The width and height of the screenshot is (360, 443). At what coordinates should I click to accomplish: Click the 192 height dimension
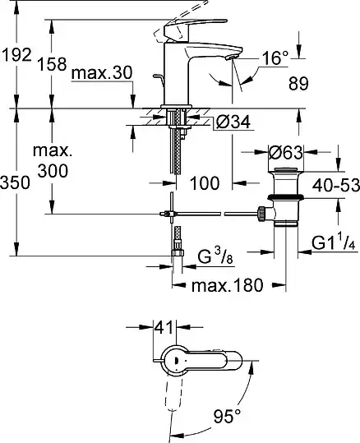click(16, 55)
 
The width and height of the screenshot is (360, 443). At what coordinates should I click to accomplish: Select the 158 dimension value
click(52, 63)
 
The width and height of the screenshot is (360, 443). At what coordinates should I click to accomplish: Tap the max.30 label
click(102, 73)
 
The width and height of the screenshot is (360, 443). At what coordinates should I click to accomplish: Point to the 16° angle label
click(275, 58)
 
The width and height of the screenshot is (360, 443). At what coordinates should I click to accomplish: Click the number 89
click(298, 83)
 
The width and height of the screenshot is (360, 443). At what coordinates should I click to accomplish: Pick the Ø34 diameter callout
click(233, 122)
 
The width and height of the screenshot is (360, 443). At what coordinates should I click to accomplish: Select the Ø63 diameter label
click(285, 153)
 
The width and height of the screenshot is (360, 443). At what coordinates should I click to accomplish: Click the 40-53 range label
click(336, 186)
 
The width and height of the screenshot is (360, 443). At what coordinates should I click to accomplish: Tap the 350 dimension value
click(15, 182)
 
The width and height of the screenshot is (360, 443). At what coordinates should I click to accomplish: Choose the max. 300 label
click(53, 161)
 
